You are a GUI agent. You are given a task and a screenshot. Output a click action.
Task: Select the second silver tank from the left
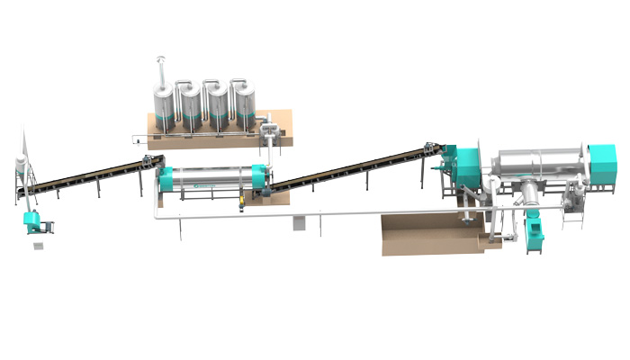pos(191,106)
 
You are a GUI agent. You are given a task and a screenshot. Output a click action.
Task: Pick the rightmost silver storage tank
pos(243,106)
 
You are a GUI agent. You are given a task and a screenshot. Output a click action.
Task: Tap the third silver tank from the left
pos(217,106)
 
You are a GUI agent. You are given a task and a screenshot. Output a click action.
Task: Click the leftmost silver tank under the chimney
pos(165,108)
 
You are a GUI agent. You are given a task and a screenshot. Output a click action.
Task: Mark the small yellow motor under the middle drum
pos(241,208)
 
